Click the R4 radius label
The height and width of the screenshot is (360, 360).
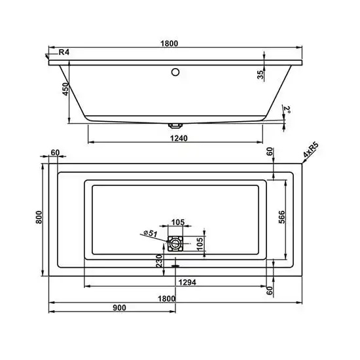(64, 52)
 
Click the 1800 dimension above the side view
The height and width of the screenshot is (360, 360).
(169, 43)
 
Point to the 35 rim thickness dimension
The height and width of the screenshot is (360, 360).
(260, 74)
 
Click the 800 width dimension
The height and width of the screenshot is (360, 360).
(39, 219)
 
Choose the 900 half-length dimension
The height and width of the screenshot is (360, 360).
(118, 306)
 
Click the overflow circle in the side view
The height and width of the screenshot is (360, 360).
(175, 72)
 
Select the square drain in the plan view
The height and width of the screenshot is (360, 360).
(175, 243)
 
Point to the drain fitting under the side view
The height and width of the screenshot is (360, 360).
(175, 124)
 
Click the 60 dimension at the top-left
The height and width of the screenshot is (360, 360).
(55, 153)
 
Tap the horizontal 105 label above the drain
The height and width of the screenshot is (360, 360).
(177, 221)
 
